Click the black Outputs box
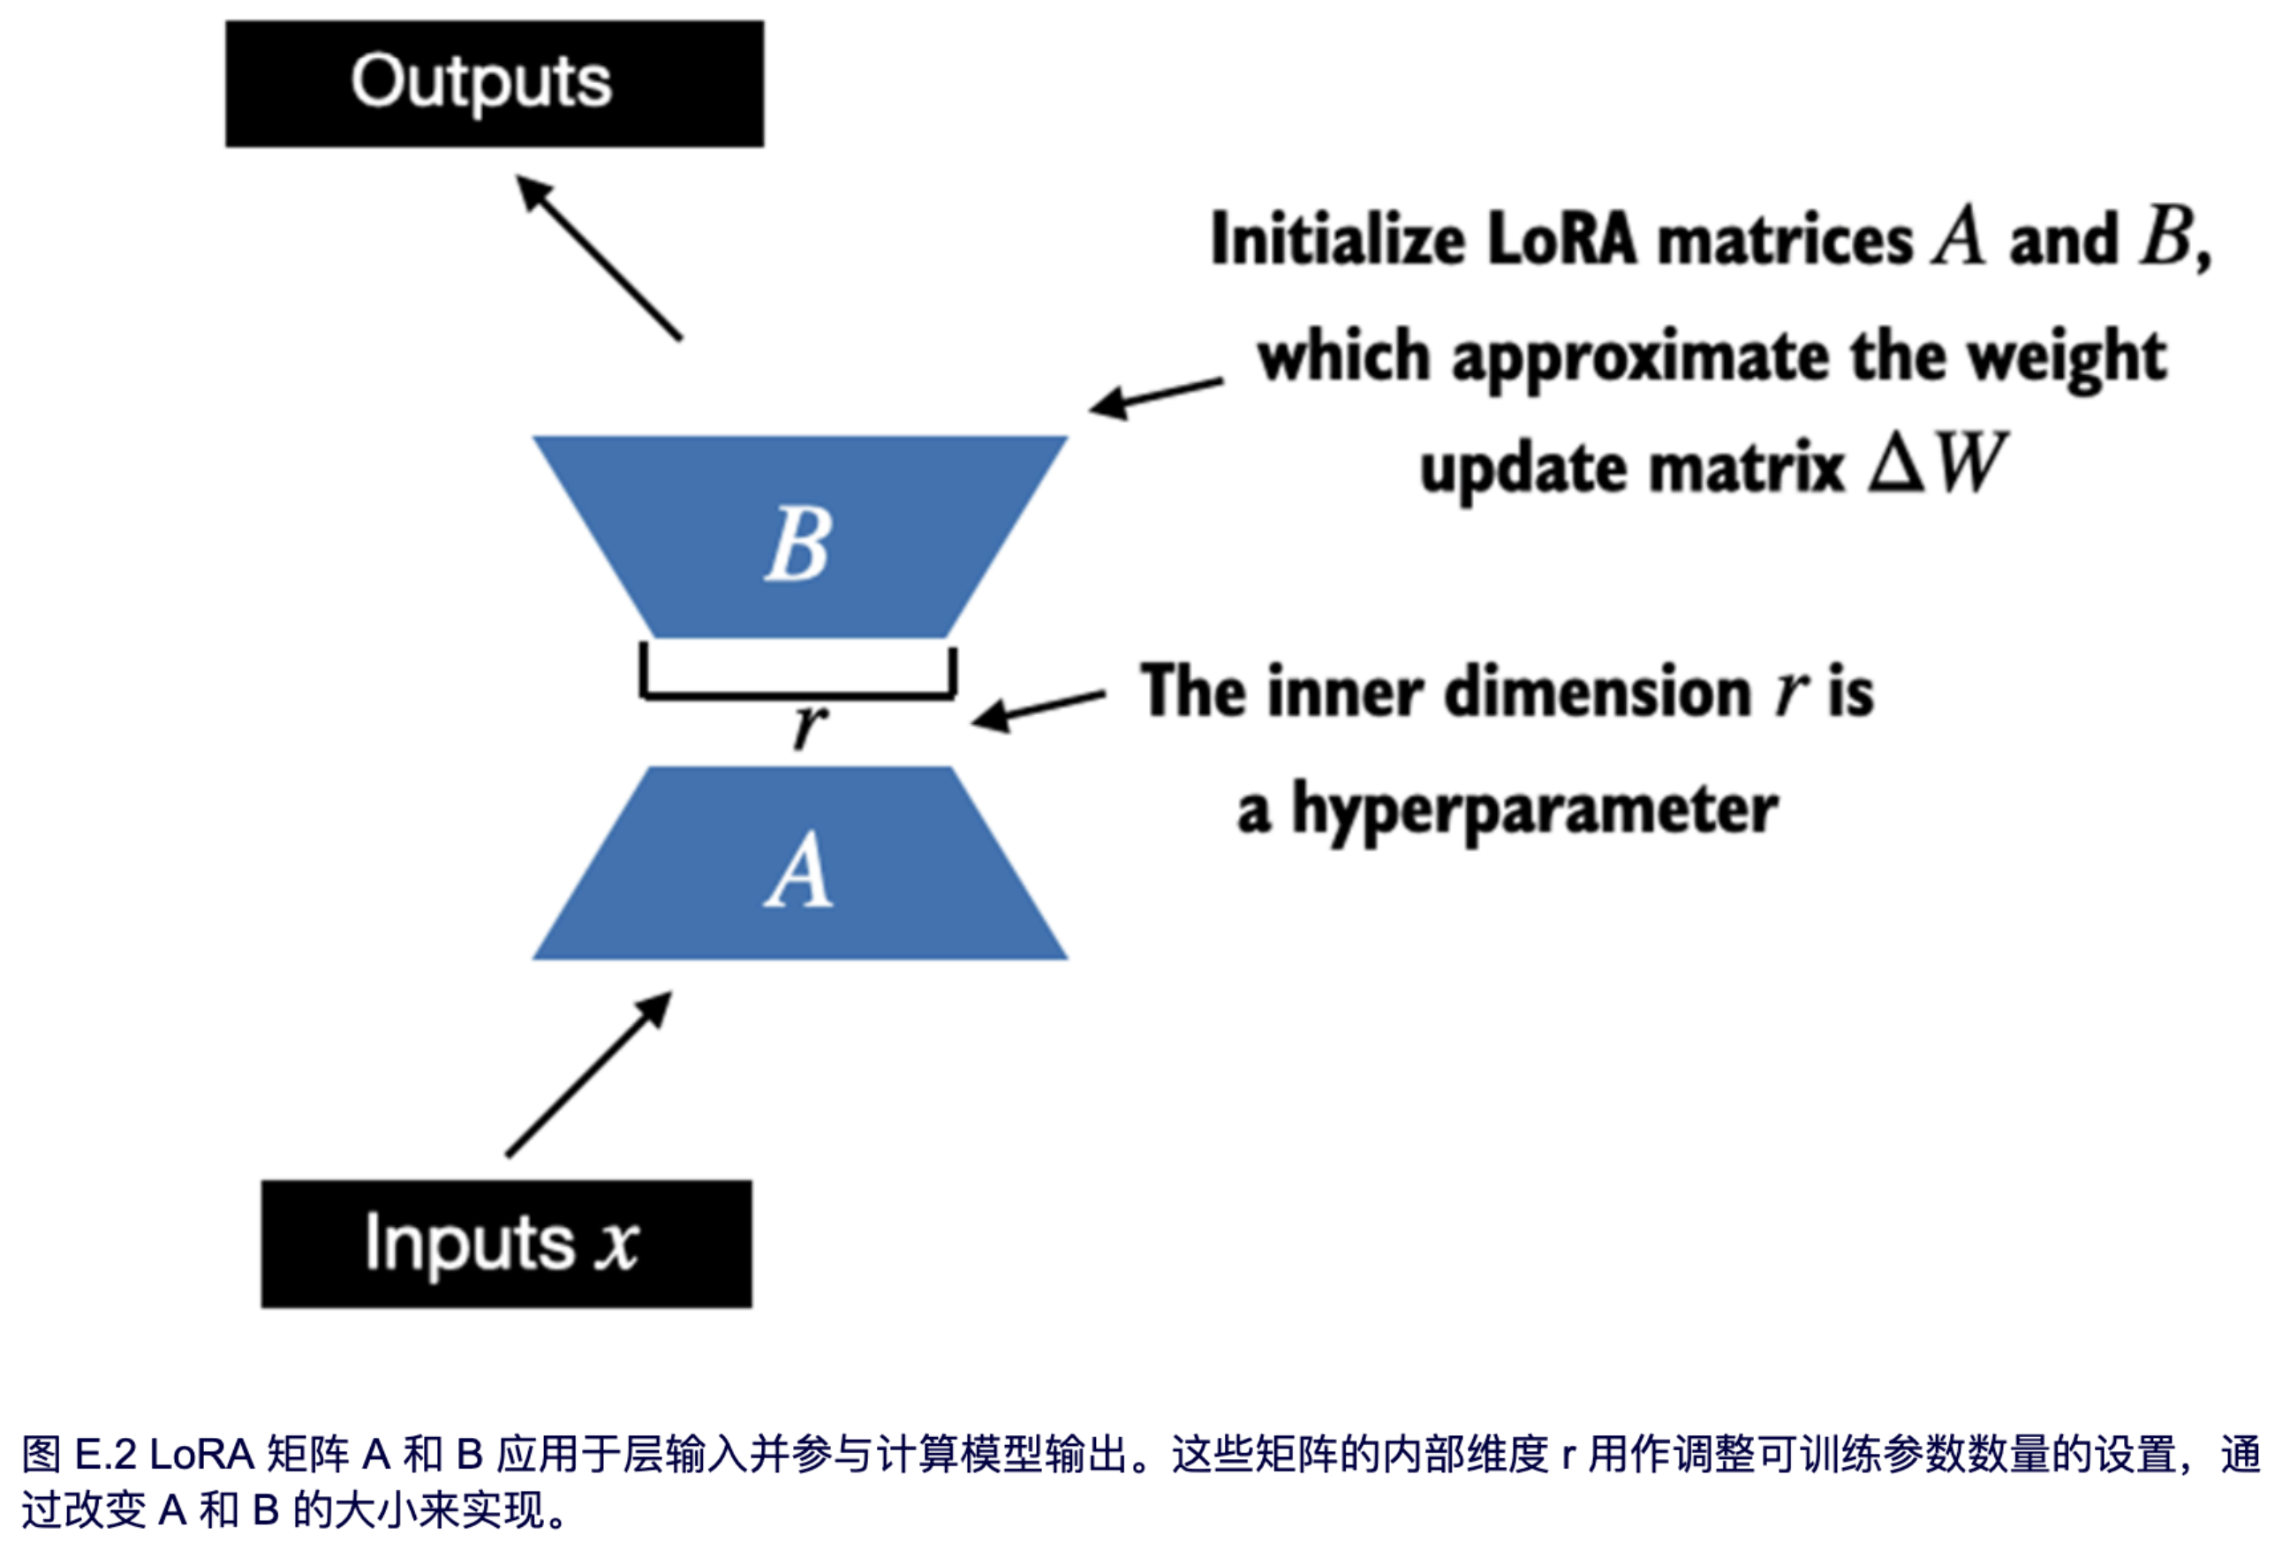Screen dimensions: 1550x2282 [494, 84]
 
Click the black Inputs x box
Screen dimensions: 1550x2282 [506, 1243]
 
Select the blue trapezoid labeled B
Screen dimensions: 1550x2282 [799, 538]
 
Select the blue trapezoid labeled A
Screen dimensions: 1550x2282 [799, 864]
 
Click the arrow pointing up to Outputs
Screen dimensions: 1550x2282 [599, 257]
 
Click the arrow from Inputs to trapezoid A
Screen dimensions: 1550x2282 [589, 1074]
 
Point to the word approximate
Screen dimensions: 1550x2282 [1640, 357]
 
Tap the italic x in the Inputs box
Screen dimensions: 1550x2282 [616, 1244]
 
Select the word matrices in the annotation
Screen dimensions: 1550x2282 [1785, 238]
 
